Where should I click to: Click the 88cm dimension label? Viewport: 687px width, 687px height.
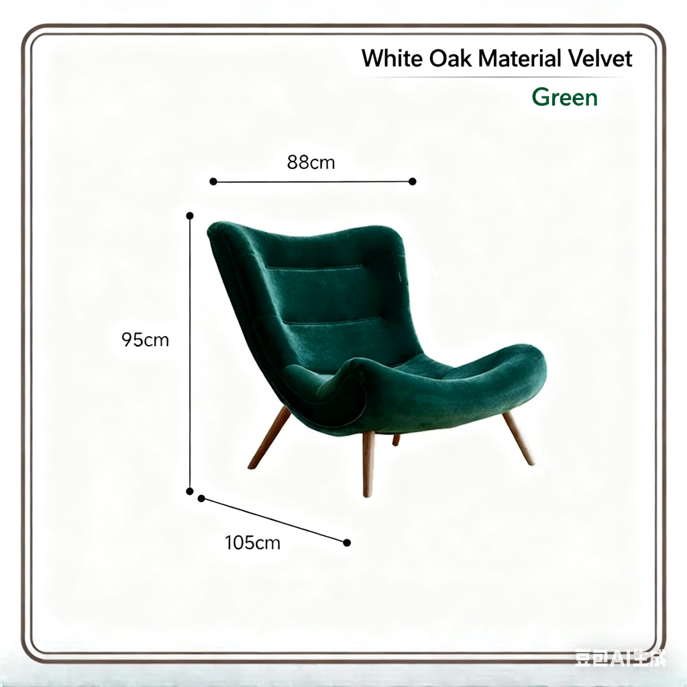point(311,162)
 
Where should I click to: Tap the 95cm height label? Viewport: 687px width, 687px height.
point(145,340)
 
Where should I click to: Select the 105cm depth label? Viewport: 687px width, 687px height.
point(252,543)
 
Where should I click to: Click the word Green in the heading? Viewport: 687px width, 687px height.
point(564,98)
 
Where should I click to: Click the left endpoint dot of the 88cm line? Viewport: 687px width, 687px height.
point(213,181)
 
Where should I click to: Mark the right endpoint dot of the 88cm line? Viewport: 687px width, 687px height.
point(413,181)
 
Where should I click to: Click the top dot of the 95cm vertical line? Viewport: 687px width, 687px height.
point(190,216)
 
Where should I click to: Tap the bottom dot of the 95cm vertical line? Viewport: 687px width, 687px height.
point(190,491)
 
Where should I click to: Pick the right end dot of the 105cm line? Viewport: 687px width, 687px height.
point(347,543)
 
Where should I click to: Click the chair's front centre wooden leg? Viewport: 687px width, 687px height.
point(368,463)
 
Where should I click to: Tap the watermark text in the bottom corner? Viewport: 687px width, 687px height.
point(620,658)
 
